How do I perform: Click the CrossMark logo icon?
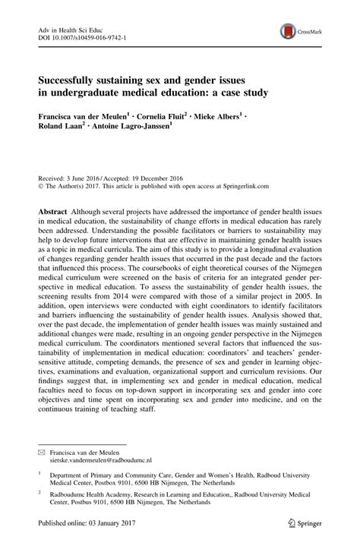coord(289,30)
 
